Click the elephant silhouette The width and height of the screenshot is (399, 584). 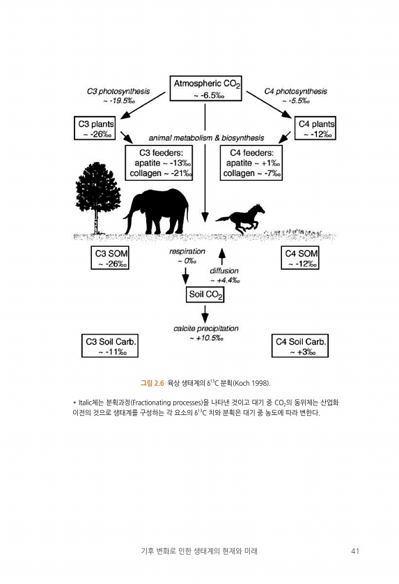coord(157,211)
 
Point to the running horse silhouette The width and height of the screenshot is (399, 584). coord(240,218)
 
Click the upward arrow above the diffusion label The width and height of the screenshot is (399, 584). coord(222,257)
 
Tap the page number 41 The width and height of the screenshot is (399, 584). coord(355,551)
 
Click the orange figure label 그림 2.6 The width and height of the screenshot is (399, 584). coord(152,383)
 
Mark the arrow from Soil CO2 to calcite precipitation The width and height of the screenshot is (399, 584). coord(205,314)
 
